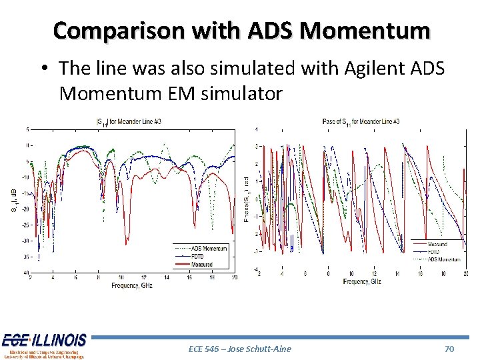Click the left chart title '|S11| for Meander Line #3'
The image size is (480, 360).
point(134,121)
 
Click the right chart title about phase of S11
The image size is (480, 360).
point(361,121)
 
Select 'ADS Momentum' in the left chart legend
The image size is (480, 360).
point(209,249)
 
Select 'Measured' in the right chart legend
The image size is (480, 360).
point(439,244)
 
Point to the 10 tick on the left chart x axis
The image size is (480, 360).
point(121,277)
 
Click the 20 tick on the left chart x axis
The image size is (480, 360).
point(235,277)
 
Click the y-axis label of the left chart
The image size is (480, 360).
point(13,201)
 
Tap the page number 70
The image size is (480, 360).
point(449,349)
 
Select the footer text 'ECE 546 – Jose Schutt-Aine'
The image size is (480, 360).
point(240,349)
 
